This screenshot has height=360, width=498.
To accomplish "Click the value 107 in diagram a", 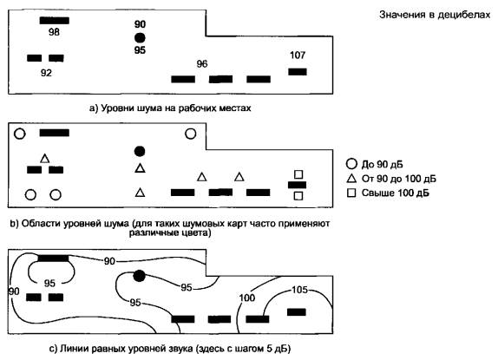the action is (x=298, y=56).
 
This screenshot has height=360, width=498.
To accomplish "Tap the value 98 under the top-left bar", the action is (x=54, y=32).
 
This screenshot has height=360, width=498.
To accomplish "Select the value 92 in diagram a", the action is (x=46, y=73).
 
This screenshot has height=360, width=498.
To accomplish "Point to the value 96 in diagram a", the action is (x=202, y=64).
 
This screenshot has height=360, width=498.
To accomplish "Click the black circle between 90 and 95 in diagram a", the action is (x=140, y=38).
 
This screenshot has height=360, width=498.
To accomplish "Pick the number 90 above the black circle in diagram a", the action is (x=140, y=24).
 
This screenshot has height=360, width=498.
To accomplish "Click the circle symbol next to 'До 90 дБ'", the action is (x=351, y=164).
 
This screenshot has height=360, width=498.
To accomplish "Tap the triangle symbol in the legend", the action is (x=351, y=179).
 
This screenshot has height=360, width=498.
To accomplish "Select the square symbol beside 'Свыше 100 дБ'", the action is (x=351, y=193).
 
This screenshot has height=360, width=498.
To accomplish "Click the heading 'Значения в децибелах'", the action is (x=435, y=15).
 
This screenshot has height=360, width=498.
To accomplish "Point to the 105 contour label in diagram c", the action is (x=299, y=290).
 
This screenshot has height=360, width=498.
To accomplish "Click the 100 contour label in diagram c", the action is (x=247, y=298).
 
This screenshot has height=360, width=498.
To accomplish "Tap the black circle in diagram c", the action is (x=139, y=276).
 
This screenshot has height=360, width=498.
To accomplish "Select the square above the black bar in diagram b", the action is (x=298, y=174).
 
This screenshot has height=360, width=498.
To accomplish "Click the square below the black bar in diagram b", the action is (x=298, y=196).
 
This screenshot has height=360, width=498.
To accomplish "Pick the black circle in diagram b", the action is (x=140, y=151).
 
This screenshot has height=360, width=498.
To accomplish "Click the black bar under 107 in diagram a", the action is (x=298, y=72).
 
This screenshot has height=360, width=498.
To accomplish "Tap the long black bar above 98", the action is (x=55, y=21).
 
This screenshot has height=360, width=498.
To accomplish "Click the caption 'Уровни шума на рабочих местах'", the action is (x=175, y=108).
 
